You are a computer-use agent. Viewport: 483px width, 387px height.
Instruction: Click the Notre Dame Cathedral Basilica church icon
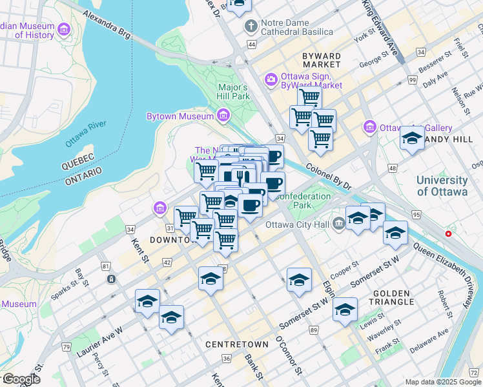point(251,26)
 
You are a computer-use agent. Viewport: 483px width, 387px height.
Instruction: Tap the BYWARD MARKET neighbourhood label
point(321,60)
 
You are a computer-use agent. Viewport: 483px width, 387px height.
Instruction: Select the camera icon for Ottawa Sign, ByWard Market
point(270,79)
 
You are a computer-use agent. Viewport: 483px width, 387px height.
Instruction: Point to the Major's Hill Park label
point(234,92)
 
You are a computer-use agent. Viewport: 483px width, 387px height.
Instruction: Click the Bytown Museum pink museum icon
point(223,116)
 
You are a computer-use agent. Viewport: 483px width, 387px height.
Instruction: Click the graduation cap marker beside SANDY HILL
point(412,138)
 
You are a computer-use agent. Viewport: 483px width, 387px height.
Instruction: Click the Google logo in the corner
point(21,379)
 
